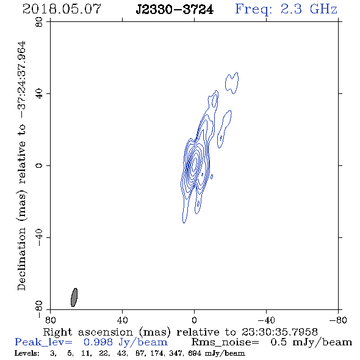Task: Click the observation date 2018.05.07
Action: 62,9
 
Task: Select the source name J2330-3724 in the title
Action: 175,10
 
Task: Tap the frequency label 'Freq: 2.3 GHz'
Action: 286,9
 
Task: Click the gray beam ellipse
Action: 74,297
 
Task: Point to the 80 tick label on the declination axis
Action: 39,22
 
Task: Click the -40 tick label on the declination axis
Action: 39,237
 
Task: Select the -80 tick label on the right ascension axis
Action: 338,320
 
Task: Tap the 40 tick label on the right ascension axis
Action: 123,320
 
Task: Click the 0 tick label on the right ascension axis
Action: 195,320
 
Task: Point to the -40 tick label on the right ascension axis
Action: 266,320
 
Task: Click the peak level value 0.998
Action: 98,342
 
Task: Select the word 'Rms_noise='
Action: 225,342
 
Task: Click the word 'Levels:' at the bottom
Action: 27,353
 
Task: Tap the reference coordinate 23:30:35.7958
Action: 279,332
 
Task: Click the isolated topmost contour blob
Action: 232,83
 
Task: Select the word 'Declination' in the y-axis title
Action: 22,259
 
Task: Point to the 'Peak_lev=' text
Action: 43,342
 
